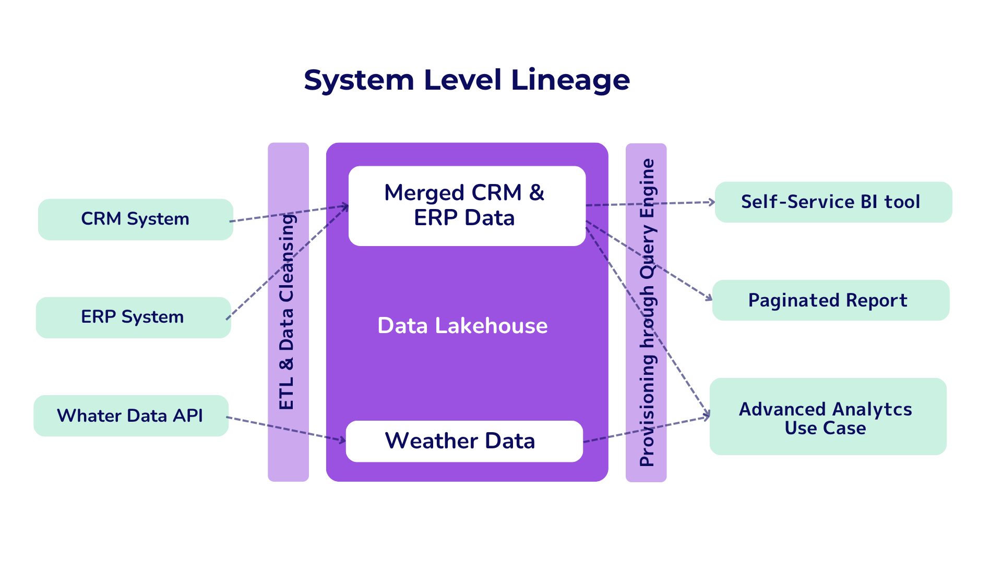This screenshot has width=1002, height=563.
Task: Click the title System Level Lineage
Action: [x=467, y=80]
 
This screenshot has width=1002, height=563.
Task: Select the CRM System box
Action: [x=136, y=219]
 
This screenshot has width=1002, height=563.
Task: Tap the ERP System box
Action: [x=134, y=317]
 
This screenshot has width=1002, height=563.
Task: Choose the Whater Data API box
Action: [x=131, y=415]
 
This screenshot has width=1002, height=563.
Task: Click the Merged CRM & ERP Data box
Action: [x=467, y=206]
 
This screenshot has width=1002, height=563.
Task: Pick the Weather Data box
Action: [x=464, y=441]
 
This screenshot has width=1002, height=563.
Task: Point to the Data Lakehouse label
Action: [x=462, y=326]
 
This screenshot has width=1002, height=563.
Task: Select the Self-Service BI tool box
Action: [x=833, y=202]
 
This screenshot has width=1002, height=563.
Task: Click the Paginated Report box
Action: [x=831, y=300]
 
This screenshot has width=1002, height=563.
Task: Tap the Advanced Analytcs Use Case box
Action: [x=828, y=417]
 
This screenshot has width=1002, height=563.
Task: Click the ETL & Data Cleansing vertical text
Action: [x=287, y=312]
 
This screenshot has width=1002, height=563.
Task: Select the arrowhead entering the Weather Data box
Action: [x=342, y=440]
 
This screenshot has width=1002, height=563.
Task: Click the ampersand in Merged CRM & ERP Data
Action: [x=536, y=193]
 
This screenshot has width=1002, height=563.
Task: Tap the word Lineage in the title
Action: [x=570, y=80]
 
